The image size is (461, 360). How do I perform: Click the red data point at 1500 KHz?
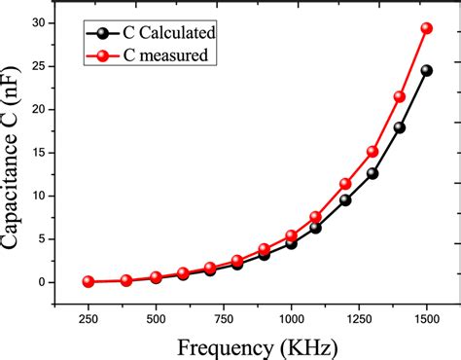pos(426,28)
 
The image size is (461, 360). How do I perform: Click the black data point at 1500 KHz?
pos(426,70)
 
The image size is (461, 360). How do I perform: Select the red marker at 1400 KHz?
pos(399,96)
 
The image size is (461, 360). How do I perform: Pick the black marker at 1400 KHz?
pos(399,127)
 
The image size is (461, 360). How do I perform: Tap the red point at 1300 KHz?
pos(372,152)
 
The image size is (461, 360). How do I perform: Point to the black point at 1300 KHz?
pos(372,173)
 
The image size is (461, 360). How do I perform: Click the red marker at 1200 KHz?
pos(345,184)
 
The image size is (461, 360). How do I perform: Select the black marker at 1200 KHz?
pos(345,199)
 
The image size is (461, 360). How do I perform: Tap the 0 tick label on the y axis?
pos(66,282)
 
